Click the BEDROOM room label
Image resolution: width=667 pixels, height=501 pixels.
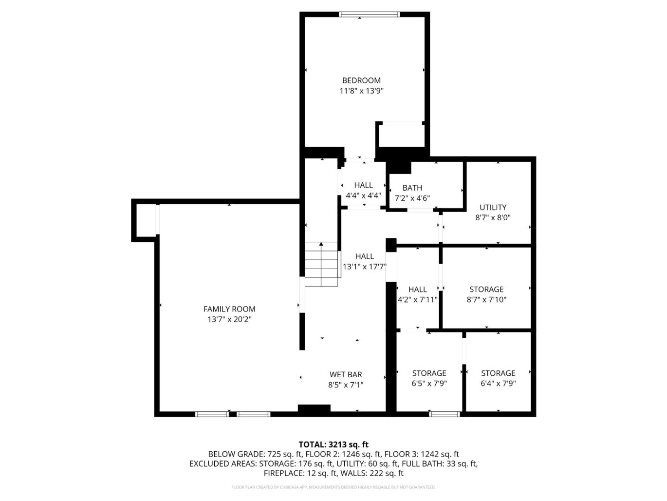(361, 80)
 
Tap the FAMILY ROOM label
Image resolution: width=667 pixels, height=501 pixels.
(229, 309)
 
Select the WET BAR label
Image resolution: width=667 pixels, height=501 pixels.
(346, 374)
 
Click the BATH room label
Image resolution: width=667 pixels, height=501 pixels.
(412, 188)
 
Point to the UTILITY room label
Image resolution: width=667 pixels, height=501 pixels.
(493, 207)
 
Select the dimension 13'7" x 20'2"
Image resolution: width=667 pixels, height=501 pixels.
(229, 320)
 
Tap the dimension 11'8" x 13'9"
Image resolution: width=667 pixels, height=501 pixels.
(361, 91)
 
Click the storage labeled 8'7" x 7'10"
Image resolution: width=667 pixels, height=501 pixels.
(486, 289)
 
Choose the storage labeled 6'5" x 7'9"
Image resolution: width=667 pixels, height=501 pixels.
(429, 373)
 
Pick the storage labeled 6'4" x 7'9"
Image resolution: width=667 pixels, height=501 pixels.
(498, 373)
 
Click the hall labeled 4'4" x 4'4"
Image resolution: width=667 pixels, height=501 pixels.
(363, 185)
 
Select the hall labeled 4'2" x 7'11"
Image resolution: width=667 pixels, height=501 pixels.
(418, 289)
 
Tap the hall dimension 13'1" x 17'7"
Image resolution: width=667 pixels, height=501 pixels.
(365, 267)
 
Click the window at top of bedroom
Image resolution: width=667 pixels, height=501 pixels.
(370, 15)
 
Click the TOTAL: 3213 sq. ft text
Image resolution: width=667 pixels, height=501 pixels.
(333, 444)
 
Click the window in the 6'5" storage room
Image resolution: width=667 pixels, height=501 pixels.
(445, 414)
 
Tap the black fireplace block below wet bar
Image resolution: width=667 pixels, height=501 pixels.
(314, 409)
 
